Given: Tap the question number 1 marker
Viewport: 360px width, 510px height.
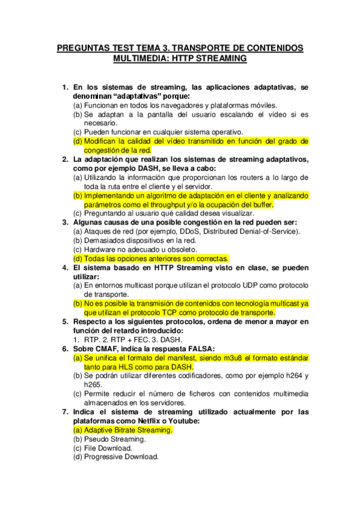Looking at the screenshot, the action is click(x=66, y=87).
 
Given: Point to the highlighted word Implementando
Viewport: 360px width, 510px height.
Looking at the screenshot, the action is click(x=111, y=195).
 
